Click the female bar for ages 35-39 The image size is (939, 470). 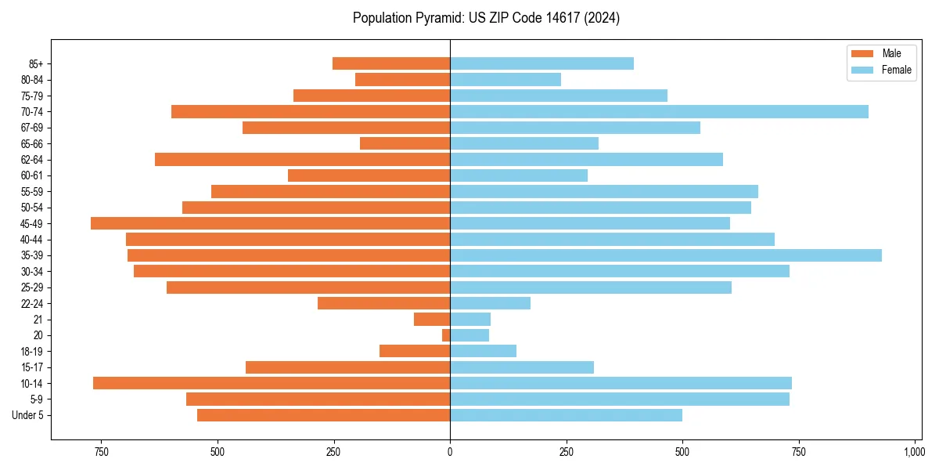pos(665,255)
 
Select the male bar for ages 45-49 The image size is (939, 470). pos(270,223)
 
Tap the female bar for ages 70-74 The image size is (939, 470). pos(659,112)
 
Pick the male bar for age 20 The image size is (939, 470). pos(446,335)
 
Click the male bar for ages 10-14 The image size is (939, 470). pos(272,383)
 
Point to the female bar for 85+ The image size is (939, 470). pos(541,63)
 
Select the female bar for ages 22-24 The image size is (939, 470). pos(490,303)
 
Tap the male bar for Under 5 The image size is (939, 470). pos(323,415)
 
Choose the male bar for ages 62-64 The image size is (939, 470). pos(302,160)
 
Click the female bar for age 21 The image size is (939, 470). pos(470,320)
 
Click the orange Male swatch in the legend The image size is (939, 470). pos(862,53)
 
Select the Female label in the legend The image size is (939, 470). pos(897,70)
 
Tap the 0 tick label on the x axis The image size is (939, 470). pos(450,452)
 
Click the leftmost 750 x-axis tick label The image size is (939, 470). pos(101,452)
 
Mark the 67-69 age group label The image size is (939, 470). pos(32,128)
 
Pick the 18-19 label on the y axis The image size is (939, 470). pos(32,352)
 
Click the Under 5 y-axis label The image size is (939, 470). pos(28,415)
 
